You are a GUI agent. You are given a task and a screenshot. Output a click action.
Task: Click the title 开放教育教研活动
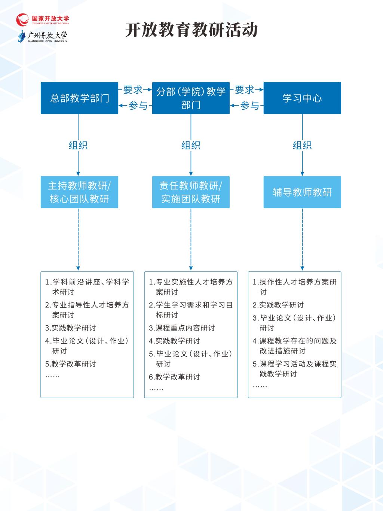point(191,30)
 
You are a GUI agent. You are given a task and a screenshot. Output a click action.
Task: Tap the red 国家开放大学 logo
point(43,19)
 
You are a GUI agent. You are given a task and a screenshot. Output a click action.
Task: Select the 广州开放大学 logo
point(43,37)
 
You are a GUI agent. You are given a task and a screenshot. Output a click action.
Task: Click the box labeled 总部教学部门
point(79,98)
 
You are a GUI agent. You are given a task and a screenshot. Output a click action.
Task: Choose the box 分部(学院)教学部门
point(191,98)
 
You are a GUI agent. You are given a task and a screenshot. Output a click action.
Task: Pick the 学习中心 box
point(302,98)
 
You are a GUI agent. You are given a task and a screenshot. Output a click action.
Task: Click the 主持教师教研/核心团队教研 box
point(79,192)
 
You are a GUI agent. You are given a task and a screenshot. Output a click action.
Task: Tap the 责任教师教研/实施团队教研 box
point(191,192)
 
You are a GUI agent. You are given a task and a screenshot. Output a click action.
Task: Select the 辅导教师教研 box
point(302,192)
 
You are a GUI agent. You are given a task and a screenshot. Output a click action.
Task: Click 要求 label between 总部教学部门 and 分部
point(133,89)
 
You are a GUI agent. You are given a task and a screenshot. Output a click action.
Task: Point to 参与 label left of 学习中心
point(249,106)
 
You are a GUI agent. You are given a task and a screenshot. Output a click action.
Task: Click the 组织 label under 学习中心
point(302,145)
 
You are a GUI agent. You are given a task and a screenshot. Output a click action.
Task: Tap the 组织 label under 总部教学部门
point(78,145)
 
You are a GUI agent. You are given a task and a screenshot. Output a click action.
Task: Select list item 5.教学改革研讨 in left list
point(71,364)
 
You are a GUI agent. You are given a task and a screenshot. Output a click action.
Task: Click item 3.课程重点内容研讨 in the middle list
point(182,328)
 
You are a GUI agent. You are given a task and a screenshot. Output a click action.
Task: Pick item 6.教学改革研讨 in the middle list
point(174,377)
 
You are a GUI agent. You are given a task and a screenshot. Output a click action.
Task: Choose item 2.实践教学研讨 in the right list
point(278,305)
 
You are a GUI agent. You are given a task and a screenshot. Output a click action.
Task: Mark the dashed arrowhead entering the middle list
point(191,268)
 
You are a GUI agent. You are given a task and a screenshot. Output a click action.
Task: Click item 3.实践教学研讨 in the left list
point(71,328)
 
